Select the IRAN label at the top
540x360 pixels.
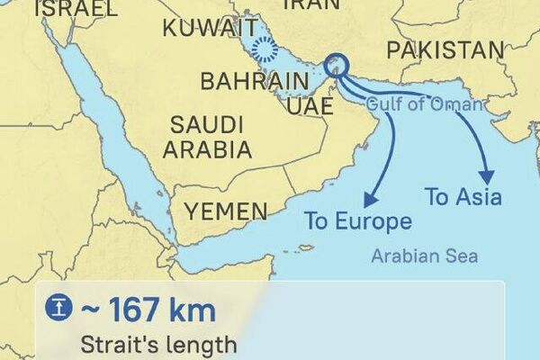[x=311, y=4]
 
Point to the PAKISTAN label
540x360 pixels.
[x=444, y=50]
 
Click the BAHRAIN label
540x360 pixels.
[x=248, y=82]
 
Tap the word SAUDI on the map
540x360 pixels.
[x=204, y=123]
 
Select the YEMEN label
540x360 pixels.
[x=226, y=212]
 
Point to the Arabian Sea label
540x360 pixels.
[x=425, y=256]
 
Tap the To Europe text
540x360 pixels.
[x=357, y=221]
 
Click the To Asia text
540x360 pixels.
[x=463, y=197]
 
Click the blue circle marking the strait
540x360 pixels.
[x=338, y=64]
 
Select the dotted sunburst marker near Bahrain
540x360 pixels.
[x=264, y=49]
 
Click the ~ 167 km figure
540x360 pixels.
[x=148, y=311]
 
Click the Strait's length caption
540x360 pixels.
[x=159, y=344]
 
